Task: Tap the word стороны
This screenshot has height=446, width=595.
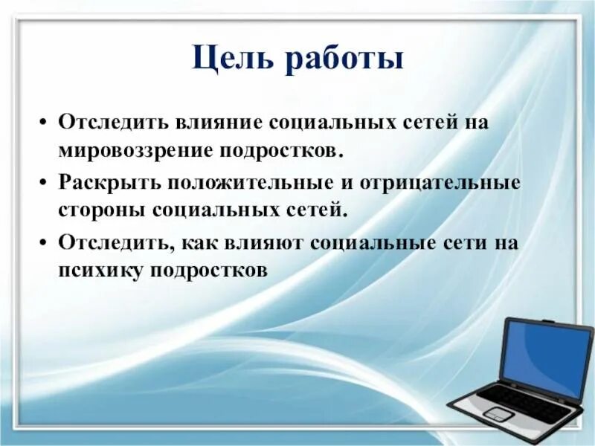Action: click(100, 210)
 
